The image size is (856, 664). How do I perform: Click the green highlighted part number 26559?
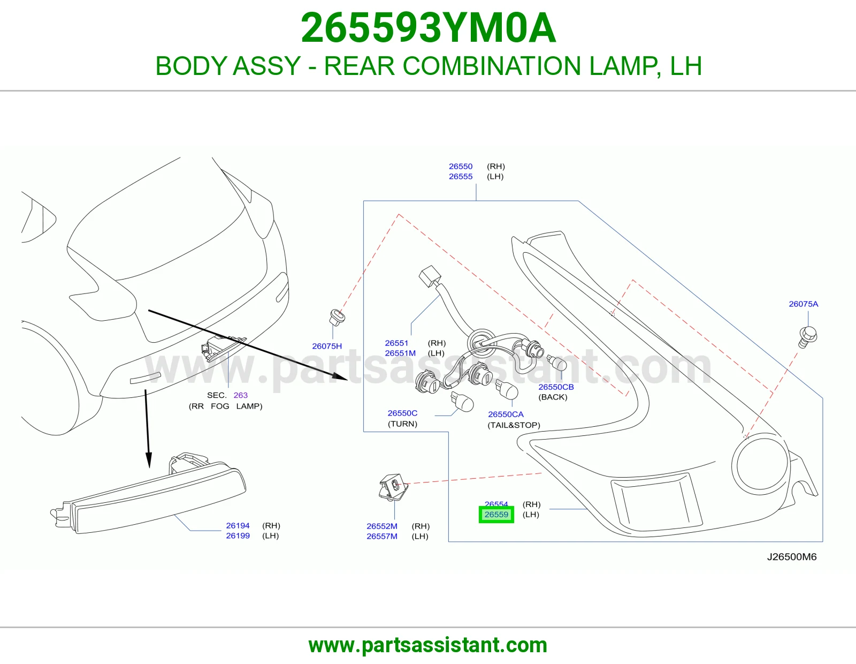coord(496,514)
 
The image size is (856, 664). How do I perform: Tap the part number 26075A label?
coord(803,304)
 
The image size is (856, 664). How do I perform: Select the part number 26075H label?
coord(327,346)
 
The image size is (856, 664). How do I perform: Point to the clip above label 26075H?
coord(337,318)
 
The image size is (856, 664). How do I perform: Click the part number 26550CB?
coord(556,387)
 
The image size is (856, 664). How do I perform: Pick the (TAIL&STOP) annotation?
coord(514,425)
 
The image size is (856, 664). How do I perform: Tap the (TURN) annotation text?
coord(402,424)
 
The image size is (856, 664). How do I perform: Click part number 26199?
coord(238,536)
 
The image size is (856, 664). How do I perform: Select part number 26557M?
coord(381,536)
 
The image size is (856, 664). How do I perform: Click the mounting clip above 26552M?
coord(394,487)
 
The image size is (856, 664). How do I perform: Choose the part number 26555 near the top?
coord(461,177)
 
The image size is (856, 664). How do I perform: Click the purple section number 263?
coord(240,395)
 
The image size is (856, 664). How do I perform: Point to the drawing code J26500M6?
coord(791,557)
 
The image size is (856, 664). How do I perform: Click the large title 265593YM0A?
coord(428,28)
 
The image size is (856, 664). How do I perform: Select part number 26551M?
coord(400,353)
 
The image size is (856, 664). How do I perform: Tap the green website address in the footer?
coord(428,645)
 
